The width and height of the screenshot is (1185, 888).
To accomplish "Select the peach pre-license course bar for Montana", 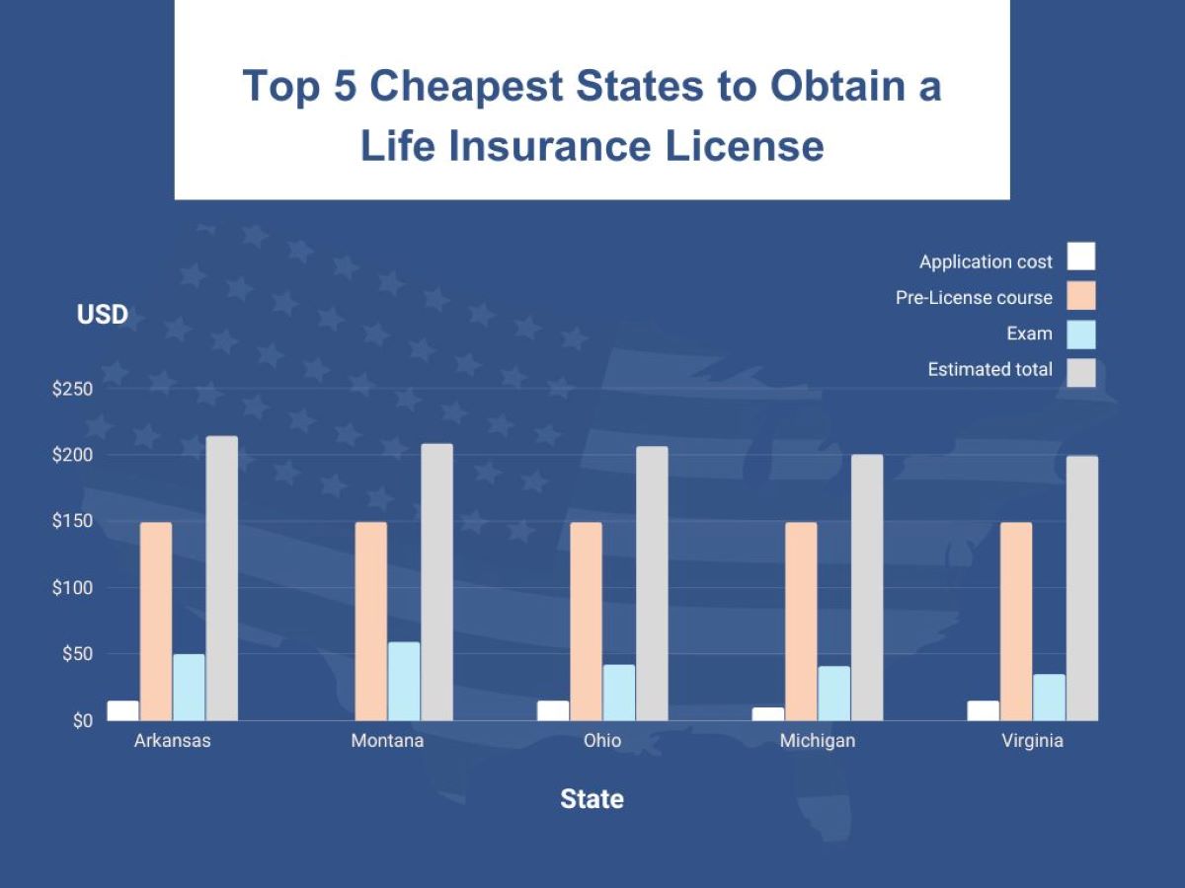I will [x=370, y=621].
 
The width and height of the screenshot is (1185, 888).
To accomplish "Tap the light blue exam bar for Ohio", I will [x=619, y=693].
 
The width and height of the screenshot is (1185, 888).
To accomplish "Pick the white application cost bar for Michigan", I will [x=768, y=713].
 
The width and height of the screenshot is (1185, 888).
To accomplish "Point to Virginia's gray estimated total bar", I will [x=1081, y=588].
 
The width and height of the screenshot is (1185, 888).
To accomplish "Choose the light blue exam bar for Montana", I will [x=404, y=681].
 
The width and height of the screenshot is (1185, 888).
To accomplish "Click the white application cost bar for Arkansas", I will [x=123, y=710].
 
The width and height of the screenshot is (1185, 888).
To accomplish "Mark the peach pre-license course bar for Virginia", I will [x=1016, y=621].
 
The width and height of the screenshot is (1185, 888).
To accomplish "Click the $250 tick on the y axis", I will [x=72, y=389].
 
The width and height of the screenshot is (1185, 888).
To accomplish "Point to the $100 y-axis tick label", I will [x=72, y=588].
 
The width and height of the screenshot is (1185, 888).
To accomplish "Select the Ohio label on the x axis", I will [x=602, y=740].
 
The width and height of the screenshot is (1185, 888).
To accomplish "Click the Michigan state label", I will [x=817, y=740].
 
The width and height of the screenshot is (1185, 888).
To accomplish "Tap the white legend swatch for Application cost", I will [x=1081, y=257].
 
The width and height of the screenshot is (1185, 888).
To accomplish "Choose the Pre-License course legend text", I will [x=974, y=297].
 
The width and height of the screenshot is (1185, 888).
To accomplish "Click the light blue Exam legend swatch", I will [x=1081, y=333].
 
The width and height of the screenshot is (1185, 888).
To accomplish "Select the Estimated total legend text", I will [x=989, y=370].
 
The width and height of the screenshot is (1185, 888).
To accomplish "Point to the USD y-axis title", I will [x=103, y=315].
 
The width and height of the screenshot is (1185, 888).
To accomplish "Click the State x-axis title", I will [x=592, y=798].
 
